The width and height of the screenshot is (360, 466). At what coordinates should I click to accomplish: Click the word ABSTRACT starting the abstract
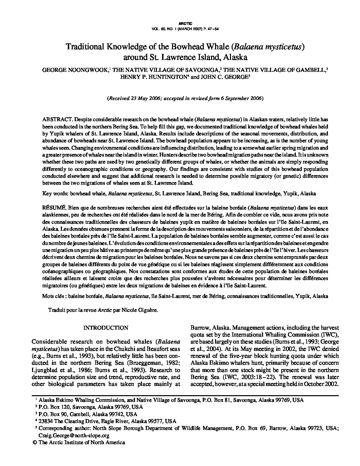57,119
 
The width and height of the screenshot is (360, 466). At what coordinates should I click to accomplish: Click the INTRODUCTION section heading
106,328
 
